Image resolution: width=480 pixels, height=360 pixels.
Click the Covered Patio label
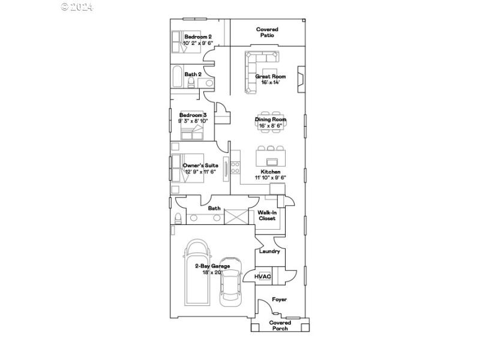[267, 32]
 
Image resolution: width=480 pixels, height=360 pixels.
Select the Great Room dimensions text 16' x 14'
[270, 82]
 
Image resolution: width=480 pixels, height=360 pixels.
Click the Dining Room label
[271, 119]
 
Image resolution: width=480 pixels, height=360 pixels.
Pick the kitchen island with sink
[271, 158]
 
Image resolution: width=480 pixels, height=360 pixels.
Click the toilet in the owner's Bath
[178, 217]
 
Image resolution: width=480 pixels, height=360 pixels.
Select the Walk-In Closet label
[267, 215]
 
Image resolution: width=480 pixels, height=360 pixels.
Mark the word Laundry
[269, 251]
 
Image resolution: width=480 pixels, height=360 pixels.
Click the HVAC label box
[263, 277]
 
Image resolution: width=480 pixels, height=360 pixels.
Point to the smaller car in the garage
[230, 283]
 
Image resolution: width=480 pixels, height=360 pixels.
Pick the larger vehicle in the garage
[197, 273]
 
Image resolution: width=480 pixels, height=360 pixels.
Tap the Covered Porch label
[280, 325]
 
